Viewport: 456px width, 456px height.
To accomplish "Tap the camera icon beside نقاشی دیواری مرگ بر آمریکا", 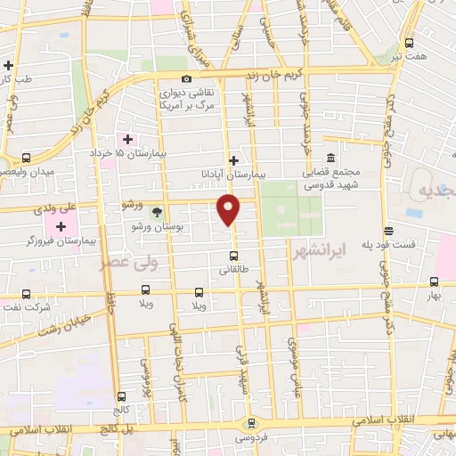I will point(186,77).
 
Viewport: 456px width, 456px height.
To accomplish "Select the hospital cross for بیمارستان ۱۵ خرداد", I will point(127,139).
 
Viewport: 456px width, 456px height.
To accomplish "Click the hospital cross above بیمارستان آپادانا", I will point(233,161).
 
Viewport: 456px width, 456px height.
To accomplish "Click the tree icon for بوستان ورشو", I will point(157,211).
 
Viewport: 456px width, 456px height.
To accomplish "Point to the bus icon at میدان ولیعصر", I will point(27,158).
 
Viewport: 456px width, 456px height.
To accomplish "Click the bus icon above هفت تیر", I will point(409,43).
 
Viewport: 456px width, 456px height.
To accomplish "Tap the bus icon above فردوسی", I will point(252,424).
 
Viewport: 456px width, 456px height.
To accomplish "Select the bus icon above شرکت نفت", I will point(26,293).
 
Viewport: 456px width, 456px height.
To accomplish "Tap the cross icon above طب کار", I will point(8,65).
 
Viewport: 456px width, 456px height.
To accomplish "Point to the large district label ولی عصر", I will point(113,264).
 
